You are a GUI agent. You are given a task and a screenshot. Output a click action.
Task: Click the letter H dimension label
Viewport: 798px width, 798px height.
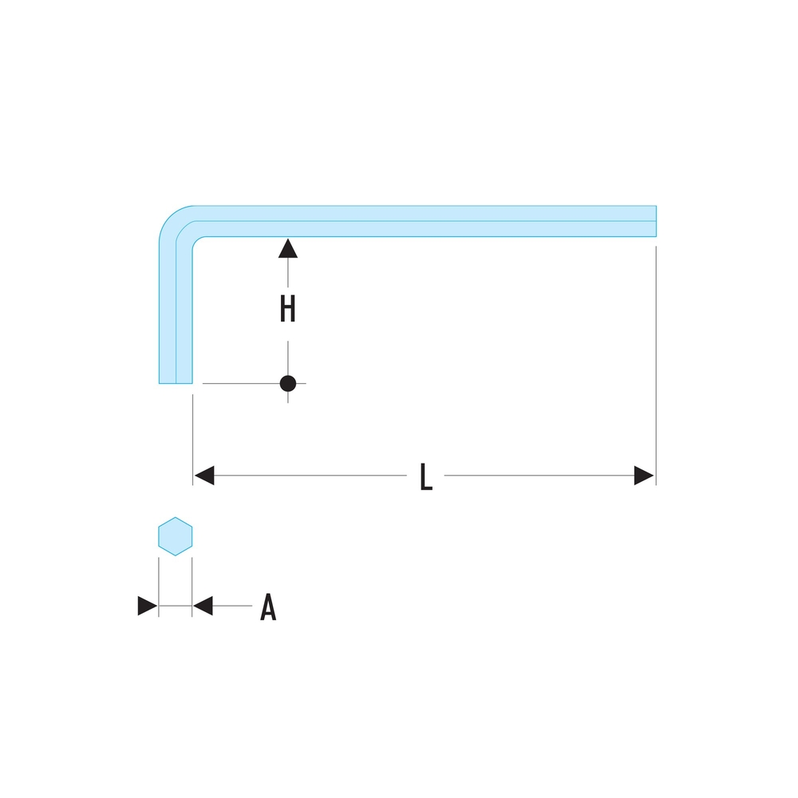pyautogui.click(x=288, y=309)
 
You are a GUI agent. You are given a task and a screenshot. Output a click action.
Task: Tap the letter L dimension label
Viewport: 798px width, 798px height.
pyautogui.click(x=426, y=478)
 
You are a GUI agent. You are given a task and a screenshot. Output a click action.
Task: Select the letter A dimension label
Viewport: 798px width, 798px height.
pyautogui.click(x=268, y=608)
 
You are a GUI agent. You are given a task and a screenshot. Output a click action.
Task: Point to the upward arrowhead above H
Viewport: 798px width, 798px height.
pyautogui.click(x=288, y=248)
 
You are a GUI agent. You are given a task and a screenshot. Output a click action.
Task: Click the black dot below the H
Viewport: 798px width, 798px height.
pyautogui.click(x=288, y=384)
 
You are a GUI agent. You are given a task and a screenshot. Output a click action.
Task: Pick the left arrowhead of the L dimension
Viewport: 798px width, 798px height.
pyautogui.click(x=204, y=476)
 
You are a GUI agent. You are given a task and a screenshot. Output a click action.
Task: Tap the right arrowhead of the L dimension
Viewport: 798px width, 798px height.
pyautogui.click(x=644, y=476)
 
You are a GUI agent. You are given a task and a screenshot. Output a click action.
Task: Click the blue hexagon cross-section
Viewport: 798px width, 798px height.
pyautogui.click(x=176, y=536)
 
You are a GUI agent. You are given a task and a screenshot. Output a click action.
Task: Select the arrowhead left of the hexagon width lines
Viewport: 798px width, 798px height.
pyautogui.click(x=147, y=606)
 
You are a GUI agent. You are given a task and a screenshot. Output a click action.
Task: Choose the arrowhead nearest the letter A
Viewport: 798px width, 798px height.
pyautogui.click(x=203, y=606)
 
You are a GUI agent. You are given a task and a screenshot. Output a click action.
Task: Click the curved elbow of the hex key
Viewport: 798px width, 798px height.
pyautogui.click(x=177, y=223)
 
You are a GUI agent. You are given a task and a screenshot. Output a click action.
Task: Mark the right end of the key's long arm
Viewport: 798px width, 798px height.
pyautogui.click(x=654, y=221)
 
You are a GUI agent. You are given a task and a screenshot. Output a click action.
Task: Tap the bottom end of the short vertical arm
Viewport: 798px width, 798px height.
pyautogui.click(x=176, y=381)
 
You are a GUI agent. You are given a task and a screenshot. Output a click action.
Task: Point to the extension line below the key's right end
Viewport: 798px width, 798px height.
pyautogui.click(x=655, y=359)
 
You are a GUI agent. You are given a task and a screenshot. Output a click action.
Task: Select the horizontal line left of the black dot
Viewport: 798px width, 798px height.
pyautogui.click(x=239, y=384)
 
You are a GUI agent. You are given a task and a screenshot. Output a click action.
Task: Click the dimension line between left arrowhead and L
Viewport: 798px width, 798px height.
pyautogui.click(x=311, y=476)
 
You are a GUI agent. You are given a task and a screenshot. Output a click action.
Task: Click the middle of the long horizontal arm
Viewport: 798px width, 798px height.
pyautogui.click(x=423, y=221)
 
